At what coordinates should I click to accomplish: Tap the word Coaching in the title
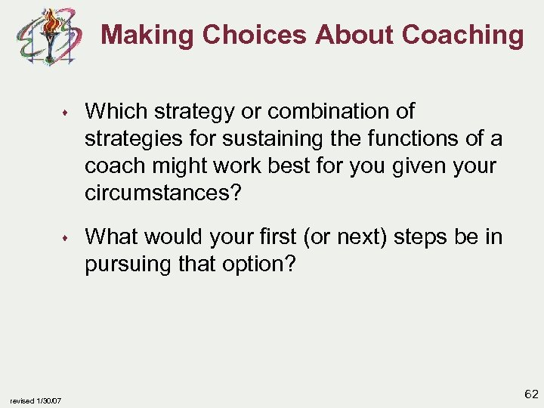tap(462, 35)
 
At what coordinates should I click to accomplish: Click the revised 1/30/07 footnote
tap(37, 400)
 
